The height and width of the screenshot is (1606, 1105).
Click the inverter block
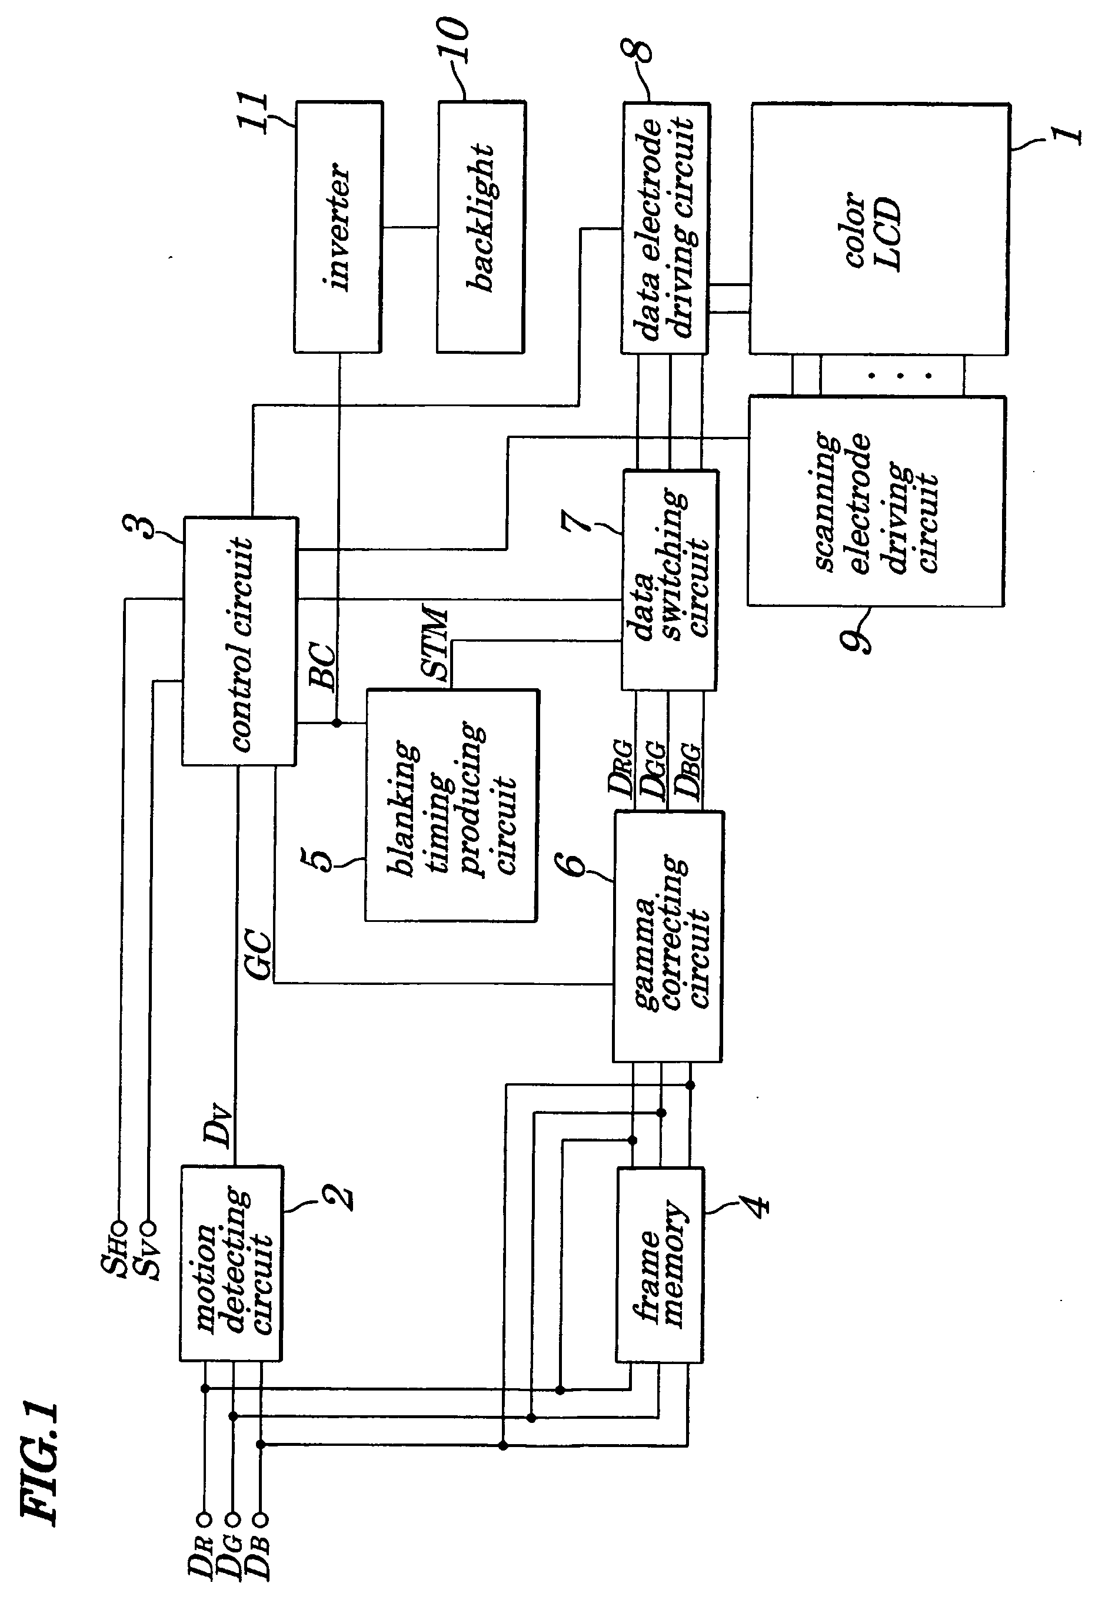coord(338,227)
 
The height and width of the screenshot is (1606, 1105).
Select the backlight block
coord(481,227)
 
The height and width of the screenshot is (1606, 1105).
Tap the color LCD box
coord(879,230)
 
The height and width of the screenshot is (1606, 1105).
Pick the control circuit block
coord(239,641)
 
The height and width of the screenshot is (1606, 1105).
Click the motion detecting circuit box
coord(232,1263)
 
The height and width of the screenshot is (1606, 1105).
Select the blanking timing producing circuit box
coord(451,805)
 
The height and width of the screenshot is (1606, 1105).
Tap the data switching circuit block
coord(670,580)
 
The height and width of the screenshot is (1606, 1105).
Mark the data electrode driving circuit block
coord(665,228)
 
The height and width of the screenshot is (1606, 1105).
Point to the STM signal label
coord(435,644)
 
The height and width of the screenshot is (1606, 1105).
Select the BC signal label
coord(322,665)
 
